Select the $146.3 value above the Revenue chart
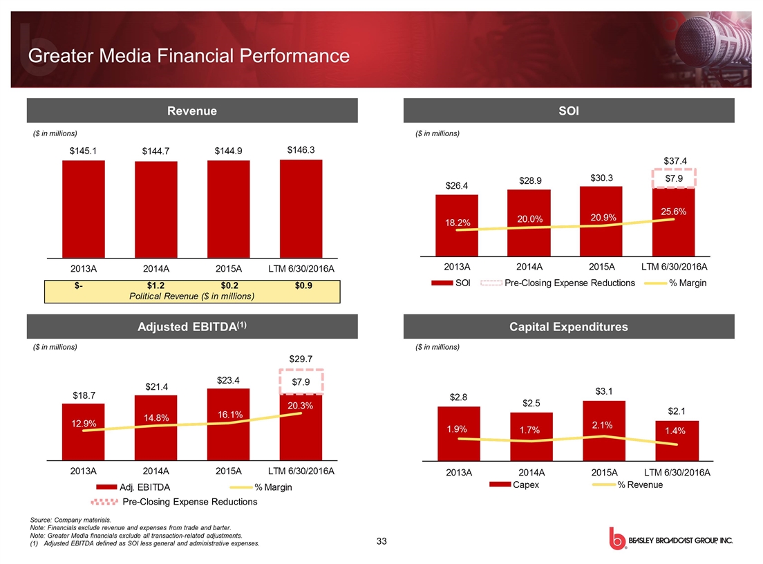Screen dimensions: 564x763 [301, 149]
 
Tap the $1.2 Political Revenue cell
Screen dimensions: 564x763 [156, 285]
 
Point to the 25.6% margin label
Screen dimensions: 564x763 [673, 211]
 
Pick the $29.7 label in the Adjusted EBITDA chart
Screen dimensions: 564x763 [301, 359]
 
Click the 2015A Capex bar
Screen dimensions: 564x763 [604, 430]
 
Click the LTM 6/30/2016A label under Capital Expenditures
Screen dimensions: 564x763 [677, 473]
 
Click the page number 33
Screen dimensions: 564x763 [381, 540]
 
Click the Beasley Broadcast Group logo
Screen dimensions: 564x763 [670, 540]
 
